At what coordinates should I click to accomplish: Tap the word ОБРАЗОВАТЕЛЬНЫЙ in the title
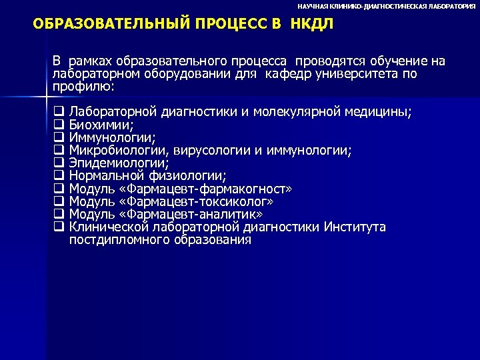(x=102, y=25)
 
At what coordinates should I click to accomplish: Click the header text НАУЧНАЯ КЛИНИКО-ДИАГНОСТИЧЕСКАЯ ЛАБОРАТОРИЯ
(x=387, y=5)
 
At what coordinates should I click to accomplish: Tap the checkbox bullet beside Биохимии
(x=58, y=125)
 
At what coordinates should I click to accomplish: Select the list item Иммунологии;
(x=113, y=137)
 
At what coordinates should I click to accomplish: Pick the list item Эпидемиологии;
(x=119, y=163)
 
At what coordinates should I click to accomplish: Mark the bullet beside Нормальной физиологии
(x=58, y=176)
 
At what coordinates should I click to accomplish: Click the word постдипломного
(x=117, y=240)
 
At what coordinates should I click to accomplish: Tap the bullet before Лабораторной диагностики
(x=58, y=112)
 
